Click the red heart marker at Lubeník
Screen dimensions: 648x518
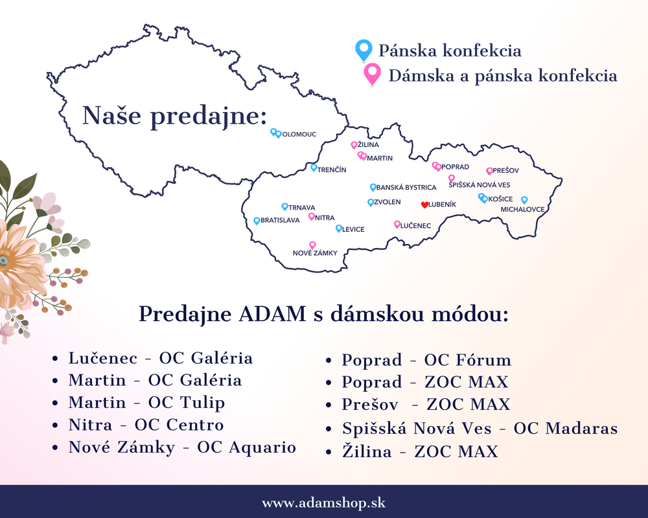[424, 205]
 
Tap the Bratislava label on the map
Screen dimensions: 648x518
[280, 220]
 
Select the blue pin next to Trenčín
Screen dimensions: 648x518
[314, 168]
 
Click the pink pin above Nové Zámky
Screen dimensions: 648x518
[312, 245]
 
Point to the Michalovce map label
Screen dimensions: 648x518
[522, 209]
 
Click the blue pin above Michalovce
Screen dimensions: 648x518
[524, 200]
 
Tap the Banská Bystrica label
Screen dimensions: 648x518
[406, 188]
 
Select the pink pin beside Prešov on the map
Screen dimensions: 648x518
[489, 171]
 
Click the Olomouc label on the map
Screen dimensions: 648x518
[299, 134]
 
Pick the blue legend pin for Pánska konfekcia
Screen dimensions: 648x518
[364, 51]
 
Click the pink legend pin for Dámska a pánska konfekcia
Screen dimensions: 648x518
[372, 74]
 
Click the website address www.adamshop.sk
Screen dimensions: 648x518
[323, 503]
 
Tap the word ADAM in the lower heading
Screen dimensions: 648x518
[272, 314]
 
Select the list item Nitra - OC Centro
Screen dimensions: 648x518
[146, 425]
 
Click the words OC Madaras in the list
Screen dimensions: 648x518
[565, 429]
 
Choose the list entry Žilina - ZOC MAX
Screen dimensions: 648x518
[420, 451]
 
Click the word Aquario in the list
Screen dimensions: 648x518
[263, 447]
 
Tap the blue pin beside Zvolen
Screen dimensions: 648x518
[371, 203]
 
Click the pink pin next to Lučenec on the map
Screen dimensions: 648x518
[397, 224]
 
